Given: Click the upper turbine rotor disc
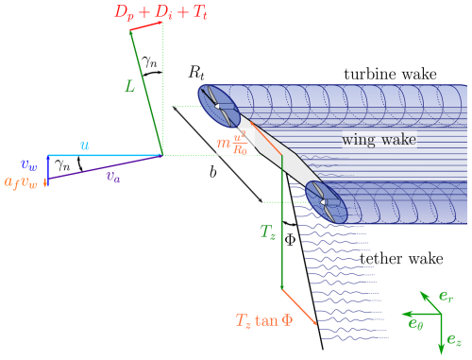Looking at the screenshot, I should coord(218,106).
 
